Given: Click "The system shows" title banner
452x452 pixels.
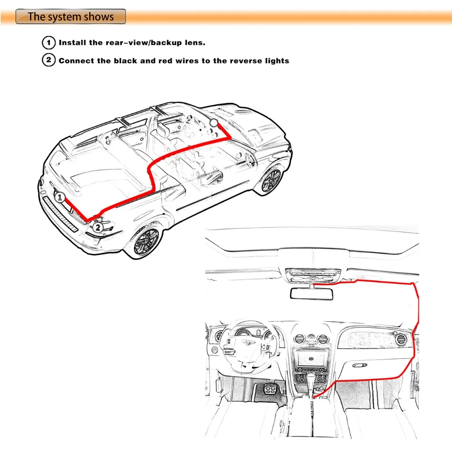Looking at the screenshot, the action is (x=71, y=16).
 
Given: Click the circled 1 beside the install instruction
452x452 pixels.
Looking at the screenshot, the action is (x=49, y=42).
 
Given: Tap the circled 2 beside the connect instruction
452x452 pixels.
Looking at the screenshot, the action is (x=49, y=60).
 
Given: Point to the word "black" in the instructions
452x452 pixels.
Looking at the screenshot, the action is (x=125, y=61).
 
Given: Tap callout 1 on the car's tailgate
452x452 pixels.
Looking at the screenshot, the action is (x=60, y=198).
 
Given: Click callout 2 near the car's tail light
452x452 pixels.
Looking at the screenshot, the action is (x=98, y=227).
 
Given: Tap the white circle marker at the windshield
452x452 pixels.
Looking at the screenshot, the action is (x=214, y=122).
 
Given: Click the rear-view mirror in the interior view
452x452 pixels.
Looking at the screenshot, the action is (x=311, y=294).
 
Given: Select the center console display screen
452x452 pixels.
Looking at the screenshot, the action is (x=311, y=358).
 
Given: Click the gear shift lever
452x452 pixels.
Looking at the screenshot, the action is (x=311, y=383).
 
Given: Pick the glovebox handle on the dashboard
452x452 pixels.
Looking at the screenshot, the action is (x=360, y=365).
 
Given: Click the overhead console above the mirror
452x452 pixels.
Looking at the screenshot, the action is (x=313, y=275).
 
